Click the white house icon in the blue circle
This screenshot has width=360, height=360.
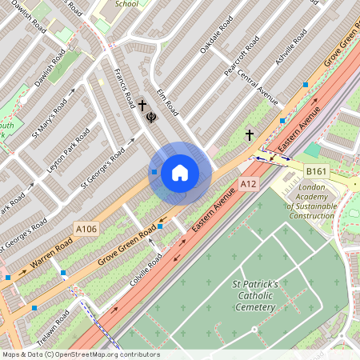click(180, 172)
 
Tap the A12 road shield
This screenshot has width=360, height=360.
click(250, 185)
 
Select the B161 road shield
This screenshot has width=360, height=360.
click(316, 171)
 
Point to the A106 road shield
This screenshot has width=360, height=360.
click(86, 230)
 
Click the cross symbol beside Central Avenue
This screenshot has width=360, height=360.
click(249, 135)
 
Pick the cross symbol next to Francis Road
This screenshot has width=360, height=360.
click(142, 105)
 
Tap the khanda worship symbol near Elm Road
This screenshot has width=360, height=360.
click(150, 118)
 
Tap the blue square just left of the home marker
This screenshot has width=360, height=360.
click(154, 171)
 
